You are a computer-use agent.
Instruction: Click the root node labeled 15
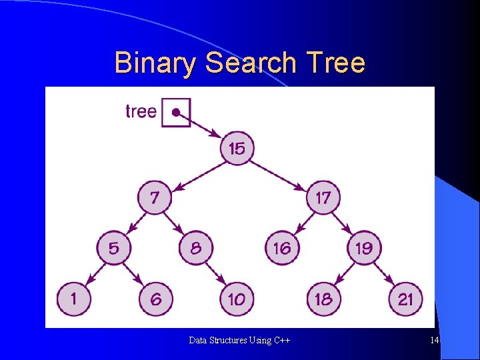tap(237, 148)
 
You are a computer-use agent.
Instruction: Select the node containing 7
tap(155, 198)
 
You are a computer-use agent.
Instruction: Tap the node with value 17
tap(323, 198)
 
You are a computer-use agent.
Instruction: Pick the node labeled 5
tap(114, 248)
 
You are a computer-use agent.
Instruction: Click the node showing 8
tap(196, 248)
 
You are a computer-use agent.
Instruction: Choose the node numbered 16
tap(282, 248)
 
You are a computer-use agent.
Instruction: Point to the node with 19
tap(364, 248)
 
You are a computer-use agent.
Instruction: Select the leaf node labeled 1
tap(73, 299)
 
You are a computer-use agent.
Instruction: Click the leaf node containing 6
tap(155, 299)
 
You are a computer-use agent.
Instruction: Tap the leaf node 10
tap(237, 299)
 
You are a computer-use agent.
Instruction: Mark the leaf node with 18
tap(323, 299)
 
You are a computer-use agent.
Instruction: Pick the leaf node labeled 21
tap(405, 299)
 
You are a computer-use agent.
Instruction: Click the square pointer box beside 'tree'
tap(176, 113)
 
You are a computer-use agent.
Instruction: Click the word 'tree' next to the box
tap(141, 111)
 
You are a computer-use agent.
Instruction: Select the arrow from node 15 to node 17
tap(280, 173)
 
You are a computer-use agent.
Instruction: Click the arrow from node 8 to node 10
tap(217, 273)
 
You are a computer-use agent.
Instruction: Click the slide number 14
tap(434, 341)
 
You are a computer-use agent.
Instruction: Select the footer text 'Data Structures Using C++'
tap(239, 341)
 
